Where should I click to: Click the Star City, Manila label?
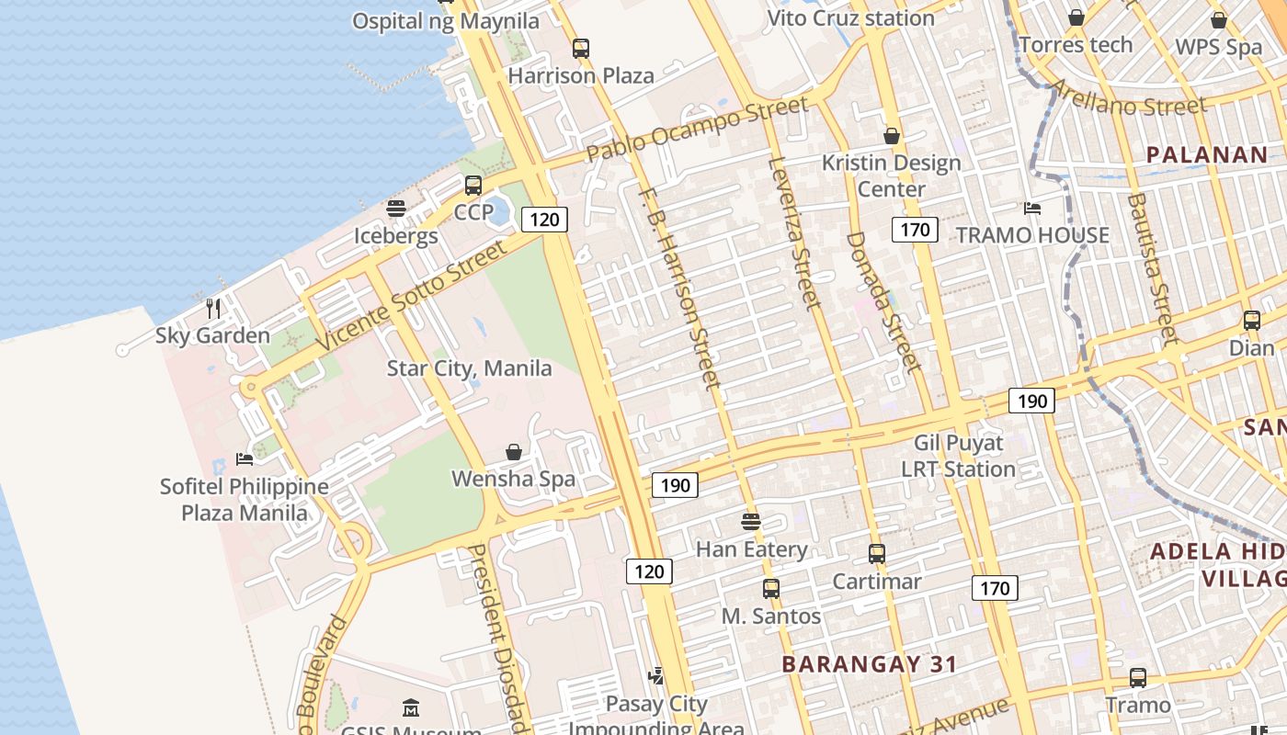469,368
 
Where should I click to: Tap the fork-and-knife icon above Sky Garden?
213,308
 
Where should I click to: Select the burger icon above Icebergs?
396,209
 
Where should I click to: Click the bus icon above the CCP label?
473,186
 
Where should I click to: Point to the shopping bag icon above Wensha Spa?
514,452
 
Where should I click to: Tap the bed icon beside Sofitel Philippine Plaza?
244,458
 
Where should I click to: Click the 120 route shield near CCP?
544,219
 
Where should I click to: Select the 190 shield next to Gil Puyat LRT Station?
1031,401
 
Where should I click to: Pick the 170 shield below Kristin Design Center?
915,229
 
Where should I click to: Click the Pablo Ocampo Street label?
698,128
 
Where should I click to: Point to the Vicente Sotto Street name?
412,295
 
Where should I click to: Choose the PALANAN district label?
1207,154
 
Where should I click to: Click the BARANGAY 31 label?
869,664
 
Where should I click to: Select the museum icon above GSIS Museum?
411,708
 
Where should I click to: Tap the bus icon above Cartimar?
877,554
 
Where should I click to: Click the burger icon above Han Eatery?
751,522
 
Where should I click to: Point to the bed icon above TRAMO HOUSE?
1032,209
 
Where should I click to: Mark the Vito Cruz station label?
850,17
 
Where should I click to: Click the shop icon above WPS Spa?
1219,19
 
